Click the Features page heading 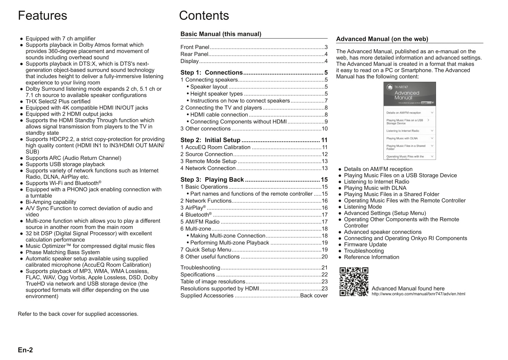click(x=43, y=16)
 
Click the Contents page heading click(x=204, y=16)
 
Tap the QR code click(x=354, y=282)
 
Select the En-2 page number click(x=25, y=350)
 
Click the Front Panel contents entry click(x=195, y=47)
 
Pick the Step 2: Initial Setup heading click(x=210, y=140)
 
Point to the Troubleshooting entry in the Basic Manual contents click(x=200, y=267)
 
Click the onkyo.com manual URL click(x=418, y=294)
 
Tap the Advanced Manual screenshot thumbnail click(x=410, y=121)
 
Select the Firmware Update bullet click(x=365, y=245)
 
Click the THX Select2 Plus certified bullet click(x=58, y=102)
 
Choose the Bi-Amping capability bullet click(x=51, y=202)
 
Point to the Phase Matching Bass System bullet click(x=63, y=252)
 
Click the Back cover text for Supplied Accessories click(x=314, y=296)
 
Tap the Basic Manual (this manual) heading click(x=221, y=34)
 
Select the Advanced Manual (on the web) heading click(x=382, y=39)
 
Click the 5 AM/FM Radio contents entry click(x=200, y=222)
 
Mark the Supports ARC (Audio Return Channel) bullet click(x=73, y=158)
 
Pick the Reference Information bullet click(x=371, y=257)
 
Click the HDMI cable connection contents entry click(x=219, y=115)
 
